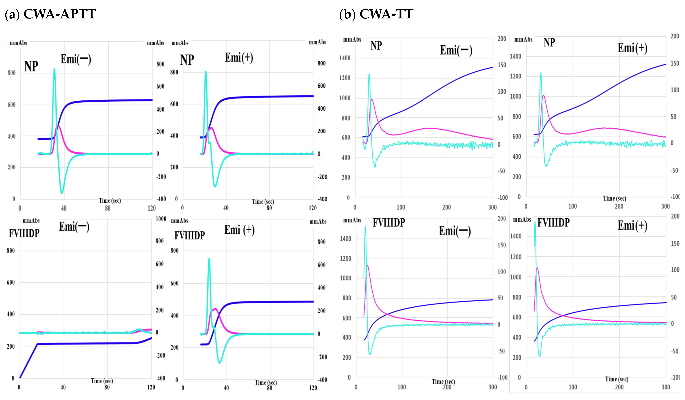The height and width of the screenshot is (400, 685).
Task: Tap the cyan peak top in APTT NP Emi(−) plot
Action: point(54,69)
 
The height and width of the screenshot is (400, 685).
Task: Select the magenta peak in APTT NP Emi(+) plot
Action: point(211,128)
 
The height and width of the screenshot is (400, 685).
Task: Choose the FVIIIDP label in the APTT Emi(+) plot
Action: point(190,235)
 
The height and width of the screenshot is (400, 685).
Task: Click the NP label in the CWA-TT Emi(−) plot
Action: point(376,46)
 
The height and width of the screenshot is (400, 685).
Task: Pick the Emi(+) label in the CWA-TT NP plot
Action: point(632,48)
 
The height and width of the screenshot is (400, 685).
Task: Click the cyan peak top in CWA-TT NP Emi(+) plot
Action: point(541,73)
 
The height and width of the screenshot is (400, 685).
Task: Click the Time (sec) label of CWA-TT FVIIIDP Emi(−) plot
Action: point(443,382)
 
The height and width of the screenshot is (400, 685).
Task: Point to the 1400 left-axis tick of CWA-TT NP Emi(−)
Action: point(345,58)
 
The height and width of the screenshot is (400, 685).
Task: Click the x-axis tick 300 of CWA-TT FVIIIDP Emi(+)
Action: point(665,387)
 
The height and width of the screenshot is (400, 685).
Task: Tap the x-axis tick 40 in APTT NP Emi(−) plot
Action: point(64,208)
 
